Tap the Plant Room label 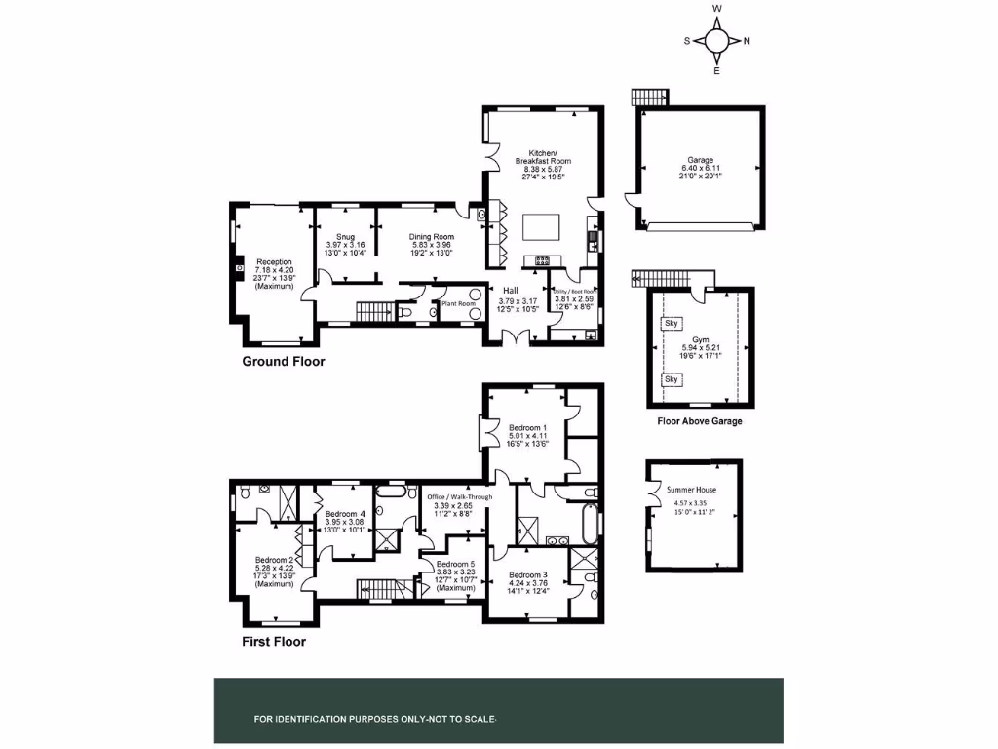458,303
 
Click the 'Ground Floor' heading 283,362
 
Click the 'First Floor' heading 274,642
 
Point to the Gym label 700,339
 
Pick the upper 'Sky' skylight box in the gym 671,323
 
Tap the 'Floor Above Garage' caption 700,421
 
